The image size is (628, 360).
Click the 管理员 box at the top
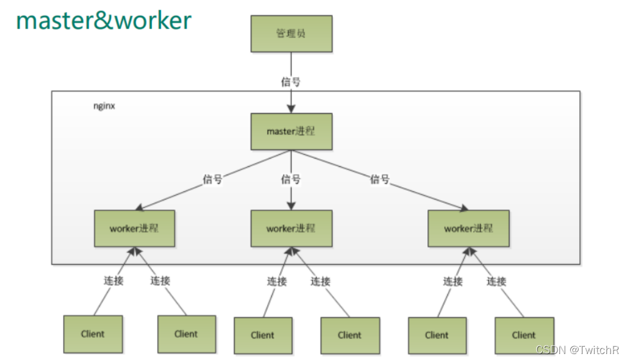coord(290,33)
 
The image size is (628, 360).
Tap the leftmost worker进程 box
coord(134,228)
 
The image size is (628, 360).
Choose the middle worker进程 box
coord(290,228)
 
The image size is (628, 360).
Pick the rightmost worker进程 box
coord(469,228)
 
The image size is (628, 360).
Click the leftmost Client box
coord(92,334)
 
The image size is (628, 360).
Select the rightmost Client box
coord(524,335)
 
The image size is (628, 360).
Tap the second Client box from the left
coord(186,334)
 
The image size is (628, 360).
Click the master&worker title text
coord(104,20)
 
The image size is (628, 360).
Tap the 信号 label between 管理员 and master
coord(290,81)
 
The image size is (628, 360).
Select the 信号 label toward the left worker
coord(212,179)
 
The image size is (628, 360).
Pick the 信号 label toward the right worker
coord(379,179)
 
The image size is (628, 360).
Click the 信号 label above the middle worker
coord(290,179)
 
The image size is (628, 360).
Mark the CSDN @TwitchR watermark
coord(577,350)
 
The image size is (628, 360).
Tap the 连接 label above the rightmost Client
coord(496,281)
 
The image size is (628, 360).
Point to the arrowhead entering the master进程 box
coord(290,108)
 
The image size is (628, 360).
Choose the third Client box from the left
coord(262,335)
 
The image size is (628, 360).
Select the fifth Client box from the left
coord(437,335)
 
